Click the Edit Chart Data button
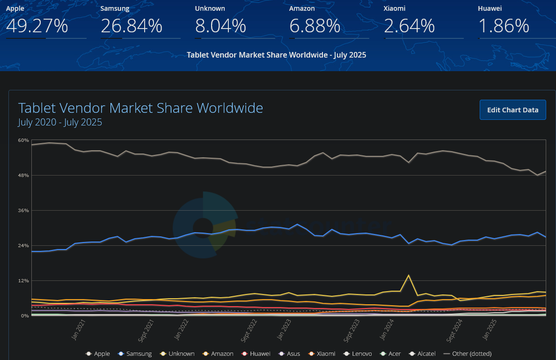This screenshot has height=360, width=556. pyautogui.click(x=512, y=110)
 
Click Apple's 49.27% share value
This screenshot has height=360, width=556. pyautogui.click(x=37, y=26)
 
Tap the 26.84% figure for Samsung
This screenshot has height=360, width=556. pyautogui.click(x=131, y=26)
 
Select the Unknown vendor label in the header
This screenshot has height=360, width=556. pyautogui.click(x=210, y=8)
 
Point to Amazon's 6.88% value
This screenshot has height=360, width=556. pyautogui.click(x=315, y=26)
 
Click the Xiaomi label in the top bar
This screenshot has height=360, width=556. pyautogui.click(x=395, y=8)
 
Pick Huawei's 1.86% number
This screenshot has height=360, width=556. pyautogui.click(x=504, y=26)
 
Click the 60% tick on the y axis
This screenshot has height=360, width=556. pyautogui.click(x=23, y=140)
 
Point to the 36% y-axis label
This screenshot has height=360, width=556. pyautogui.click(x=23, y=211)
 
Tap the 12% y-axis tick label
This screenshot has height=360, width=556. pyautogui.click(x=23, y=281)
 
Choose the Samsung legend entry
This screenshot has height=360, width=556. pyautogui.click(x=135, y=354)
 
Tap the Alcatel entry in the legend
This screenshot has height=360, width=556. pyautogui.click(x=422, y=354)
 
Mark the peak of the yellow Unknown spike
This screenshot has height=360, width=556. pyautogui.click(x=409, y=275)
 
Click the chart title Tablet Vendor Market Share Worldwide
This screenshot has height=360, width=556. pyautogui.click(x=140, y=108)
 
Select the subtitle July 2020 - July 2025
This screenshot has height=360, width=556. pyautogui.click(x=60, y=123)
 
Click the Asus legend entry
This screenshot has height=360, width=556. pyautogui.click(x=290, y=354)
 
